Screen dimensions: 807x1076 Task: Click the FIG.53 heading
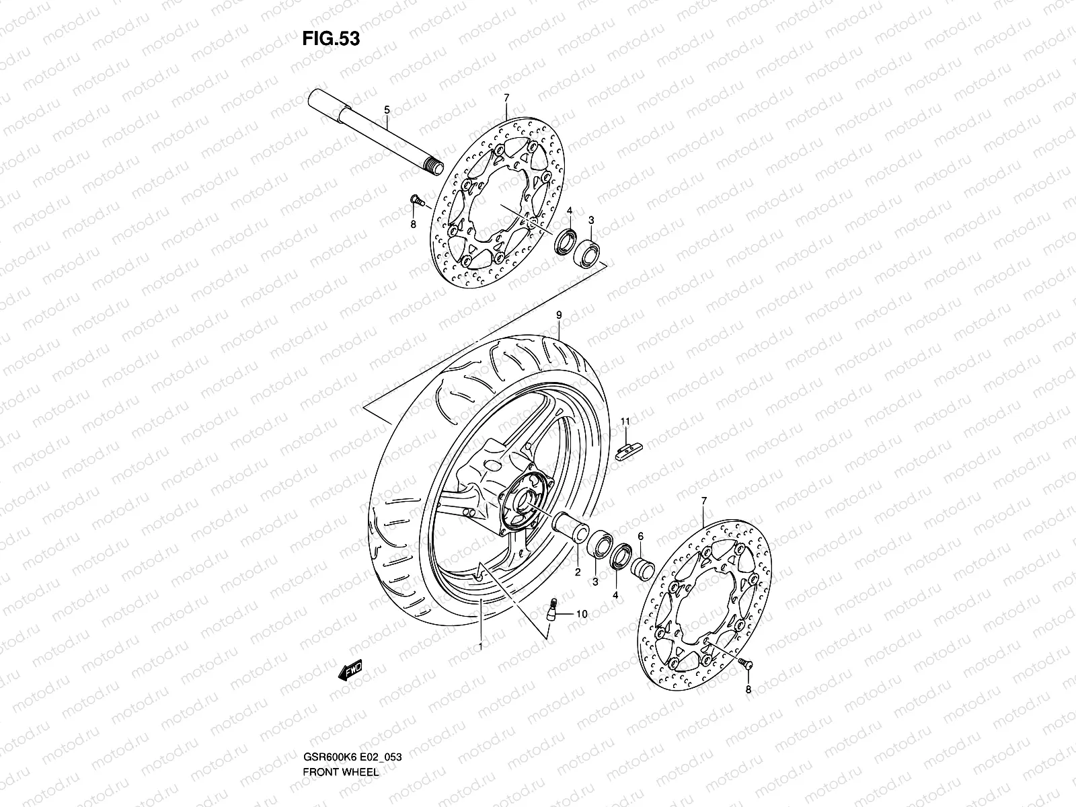coord(331,38)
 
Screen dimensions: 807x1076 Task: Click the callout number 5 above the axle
coord(387,109)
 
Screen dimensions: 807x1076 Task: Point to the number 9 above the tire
coord(558,314)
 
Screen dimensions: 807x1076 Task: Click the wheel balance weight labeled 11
coord(629,450)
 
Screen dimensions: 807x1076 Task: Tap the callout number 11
coord(625,421)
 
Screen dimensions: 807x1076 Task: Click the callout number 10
coord(581,614)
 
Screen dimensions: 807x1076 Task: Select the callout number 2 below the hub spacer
coord(576,572)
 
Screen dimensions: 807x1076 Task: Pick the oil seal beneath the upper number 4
coord(565,241)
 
